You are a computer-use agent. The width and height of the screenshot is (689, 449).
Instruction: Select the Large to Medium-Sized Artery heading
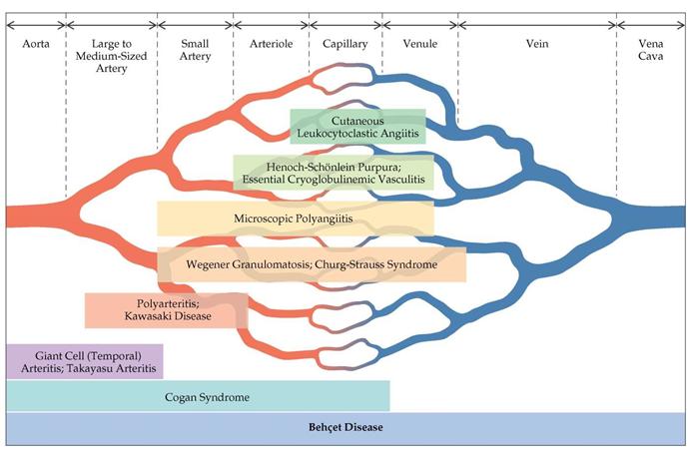111,52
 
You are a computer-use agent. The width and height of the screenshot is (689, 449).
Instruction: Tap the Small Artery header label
196,52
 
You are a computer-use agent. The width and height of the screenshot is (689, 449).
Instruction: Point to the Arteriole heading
271,45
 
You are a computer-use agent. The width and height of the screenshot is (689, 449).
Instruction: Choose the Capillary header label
344,45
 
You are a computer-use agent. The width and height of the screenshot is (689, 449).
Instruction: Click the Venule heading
419,45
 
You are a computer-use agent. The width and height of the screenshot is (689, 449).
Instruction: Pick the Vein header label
537,45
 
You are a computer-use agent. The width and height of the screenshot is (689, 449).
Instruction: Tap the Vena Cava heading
651,52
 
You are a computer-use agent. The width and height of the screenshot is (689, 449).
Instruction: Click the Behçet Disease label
344,428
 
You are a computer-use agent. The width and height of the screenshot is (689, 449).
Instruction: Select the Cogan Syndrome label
207,397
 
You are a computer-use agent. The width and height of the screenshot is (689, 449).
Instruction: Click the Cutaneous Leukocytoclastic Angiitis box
357,126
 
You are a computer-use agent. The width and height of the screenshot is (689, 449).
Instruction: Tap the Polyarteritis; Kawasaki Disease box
166,310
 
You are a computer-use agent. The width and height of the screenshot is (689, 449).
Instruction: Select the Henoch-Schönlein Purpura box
333,172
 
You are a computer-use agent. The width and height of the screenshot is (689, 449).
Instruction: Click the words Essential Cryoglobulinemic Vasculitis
333,180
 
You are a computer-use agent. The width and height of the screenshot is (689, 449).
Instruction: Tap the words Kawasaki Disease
166,317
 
